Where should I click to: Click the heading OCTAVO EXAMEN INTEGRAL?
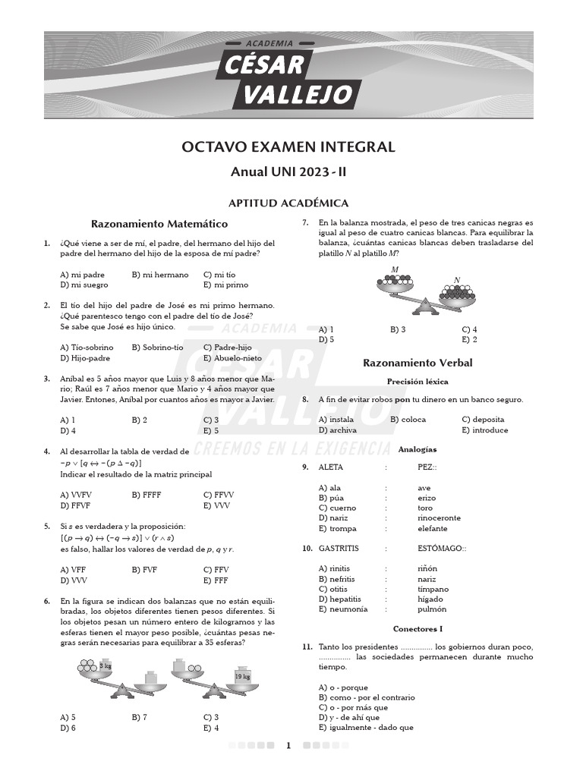point(288,147)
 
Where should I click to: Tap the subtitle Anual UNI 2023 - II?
point(288,172)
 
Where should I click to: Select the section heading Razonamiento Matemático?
point(159,224)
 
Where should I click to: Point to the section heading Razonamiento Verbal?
point(418,363)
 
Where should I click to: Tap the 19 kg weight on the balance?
point(242,676)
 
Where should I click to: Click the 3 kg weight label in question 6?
point(106,665)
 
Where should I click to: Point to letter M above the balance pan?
point(395,269)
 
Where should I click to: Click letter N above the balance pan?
point(456,280)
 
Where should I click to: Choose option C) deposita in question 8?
point(483,420)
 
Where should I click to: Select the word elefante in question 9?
point(433,528)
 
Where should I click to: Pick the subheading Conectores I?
point(418,629)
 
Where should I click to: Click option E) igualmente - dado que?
point(366,728)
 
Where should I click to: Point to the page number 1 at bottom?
point(288,746)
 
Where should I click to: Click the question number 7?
point(304,223)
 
